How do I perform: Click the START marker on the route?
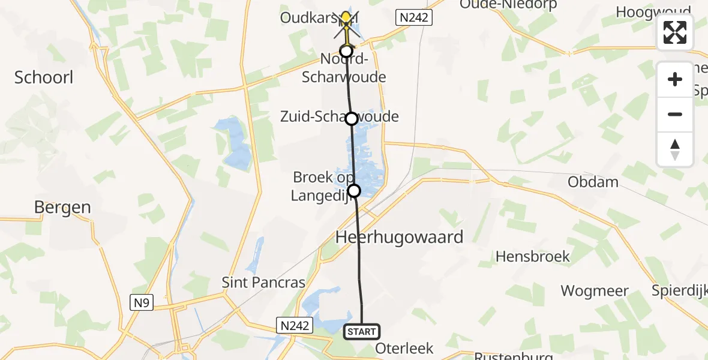(362, 331)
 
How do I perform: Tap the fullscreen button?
(675, 32)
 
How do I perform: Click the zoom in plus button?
(675, 79)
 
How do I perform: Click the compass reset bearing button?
(675, 149)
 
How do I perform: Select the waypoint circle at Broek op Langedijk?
(354, 191)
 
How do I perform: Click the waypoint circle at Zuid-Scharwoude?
(352, 119)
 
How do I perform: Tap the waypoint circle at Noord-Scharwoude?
(346, 51)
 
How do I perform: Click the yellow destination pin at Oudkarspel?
(346, 18)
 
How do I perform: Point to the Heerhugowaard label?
(400, 236)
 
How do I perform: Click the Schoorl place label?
(44, 77)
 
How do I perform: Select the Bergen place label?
(62, 208)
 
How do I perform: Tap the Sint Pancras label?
(263, 282)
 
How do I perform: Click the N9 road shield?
(142, 303)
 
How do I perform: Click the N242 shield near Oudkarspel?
(413, 17)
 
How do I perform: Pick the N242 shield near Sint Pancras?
(295, 325)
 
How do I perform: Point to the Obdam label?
(593, 182)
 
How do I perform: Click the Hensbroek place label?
(532, 257)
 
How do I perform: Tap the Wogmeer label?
(594, 292)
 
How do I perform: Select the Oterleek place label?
(404, 349)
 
